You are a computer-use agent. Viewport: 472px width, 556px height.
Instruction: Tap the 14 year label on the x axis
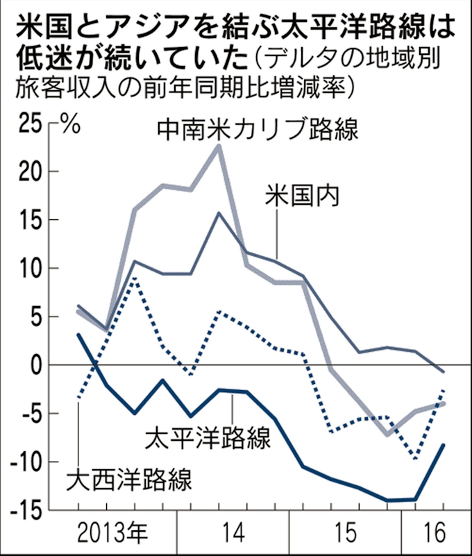click(x=235, y=534)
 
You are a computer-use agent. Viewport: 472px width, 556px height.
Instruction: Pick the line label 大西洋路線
click(x=128, y=478)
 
